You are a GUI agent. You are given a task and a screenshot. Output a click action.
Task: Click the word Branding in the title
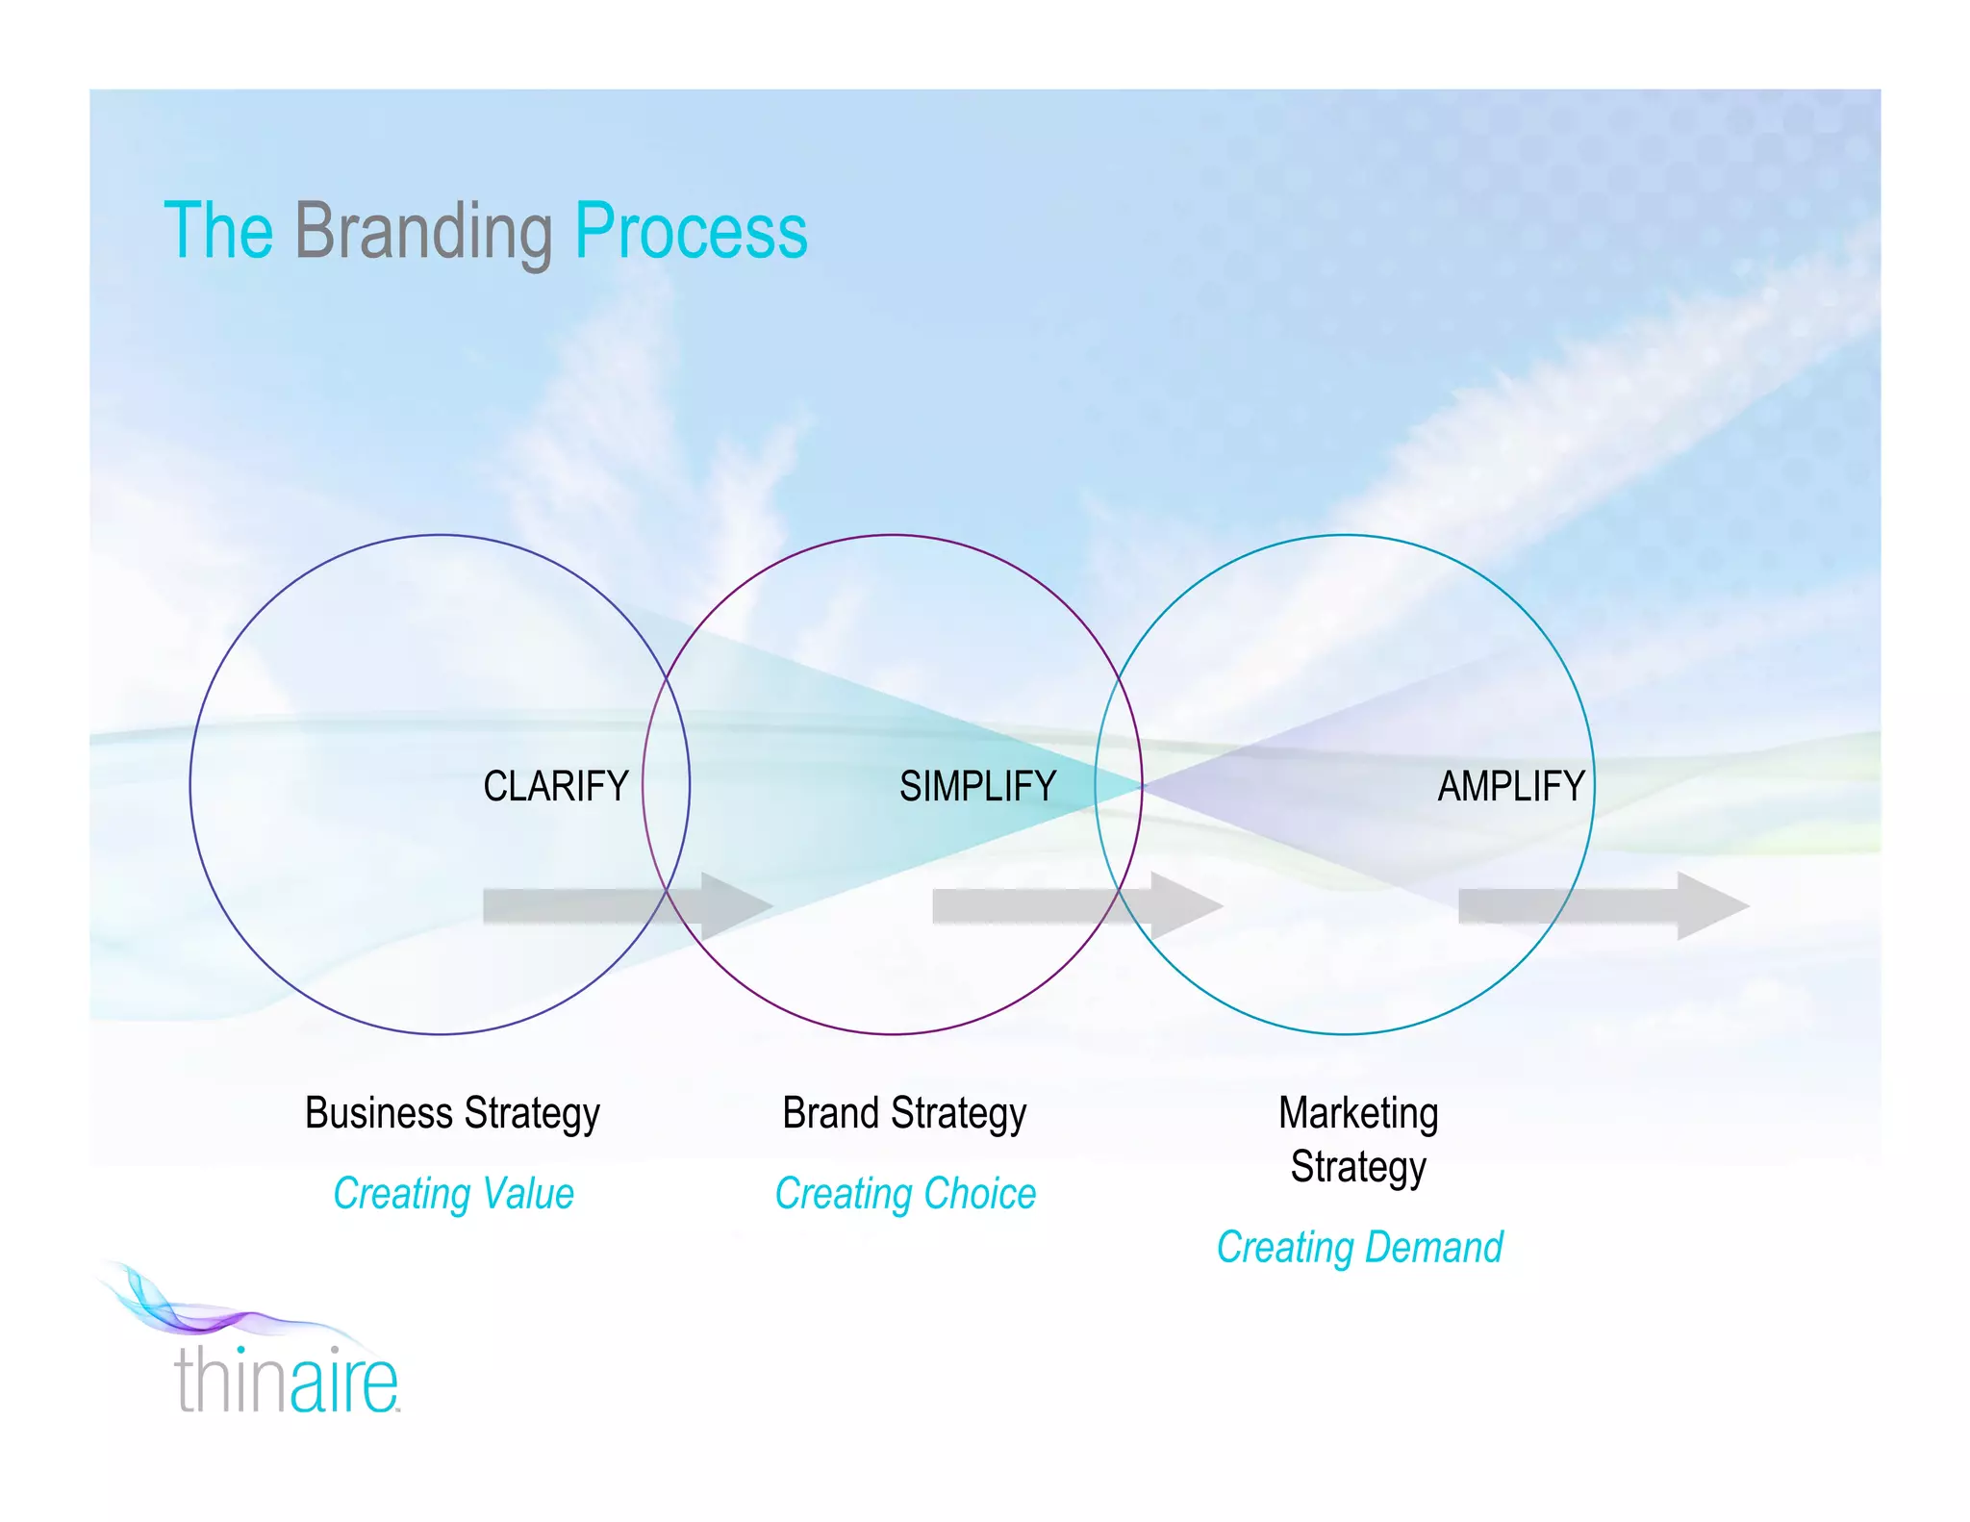423,232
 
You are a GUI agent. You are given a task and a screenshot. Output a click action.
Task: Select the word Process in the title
691,232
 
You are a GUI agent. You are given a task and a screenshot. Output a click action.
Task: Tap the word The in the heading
218,232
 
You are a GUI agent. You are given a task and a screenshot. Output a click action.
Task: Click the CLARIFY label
555,786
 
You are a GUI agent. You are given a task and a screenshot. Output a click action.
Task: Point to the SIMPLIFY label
977,786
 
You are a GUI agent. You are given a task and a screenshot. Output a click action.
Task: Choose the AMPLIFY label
1510,786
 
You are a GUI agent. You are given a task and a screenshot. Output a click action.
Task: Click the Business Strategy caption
452,1113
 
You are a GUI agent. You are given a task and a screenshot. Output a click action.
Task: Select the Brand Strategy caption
904,1113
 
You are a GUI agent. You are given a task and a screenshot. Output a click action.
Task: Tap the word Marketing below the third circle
1358,1113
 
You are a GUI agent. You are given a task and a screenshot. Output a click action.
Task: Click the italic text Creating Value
453,1194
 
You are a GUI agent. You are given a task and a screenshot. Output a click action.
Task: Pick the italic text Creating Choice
905,1194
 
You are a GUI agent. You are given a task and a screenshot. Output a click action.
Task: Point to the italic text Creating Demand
1359,1248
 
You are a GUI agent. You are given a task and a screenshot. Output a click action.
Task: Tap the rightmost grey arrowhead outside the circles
1711,906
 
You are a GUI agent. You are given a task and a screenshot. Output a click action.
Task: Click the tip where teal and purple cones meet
1143,786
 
